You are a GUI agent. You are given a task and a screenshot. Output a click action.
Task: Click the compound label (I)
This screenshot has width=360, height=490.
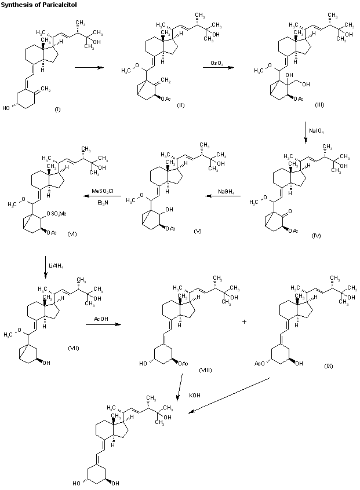point(57,109)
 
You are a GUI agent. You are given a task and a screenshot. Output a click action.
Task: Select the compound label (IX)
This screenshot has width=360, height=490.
point(329,365)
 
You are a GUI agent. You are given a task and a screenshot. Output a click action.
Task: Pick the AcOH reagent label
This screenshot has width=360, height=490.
point(101,319)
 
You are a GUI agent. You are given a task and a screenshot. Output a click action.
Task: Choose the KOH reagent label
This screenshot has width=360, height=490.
point(195,396)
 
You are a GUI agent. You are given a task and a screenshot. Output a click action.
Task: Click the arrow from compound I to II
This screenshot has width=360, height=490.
point(88,68)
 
